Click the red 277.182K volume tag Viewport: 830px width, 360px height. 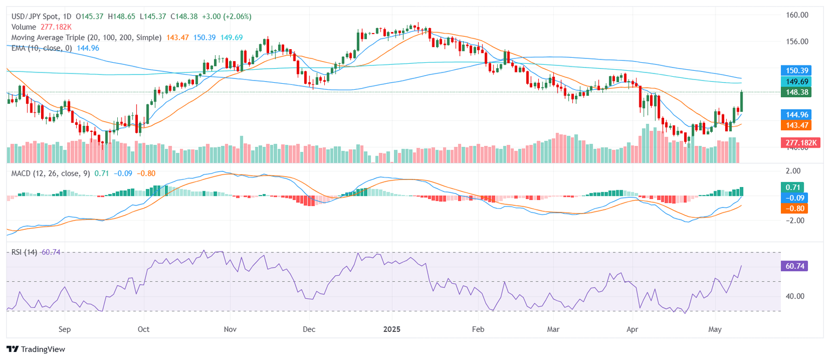point(800,143)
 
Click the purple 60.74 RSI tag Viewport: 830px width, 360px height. point(794,266)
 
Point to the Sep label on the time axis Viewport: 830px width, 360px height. point(64,329)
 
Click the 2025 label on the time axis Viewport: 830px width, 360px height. point(391,329)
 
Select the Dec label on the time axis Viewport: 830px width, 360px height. point(309,329)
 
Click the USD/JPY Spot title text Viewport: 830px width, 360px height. point(32,16)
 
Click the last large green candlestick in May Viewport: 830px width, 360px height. point(741,102)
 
